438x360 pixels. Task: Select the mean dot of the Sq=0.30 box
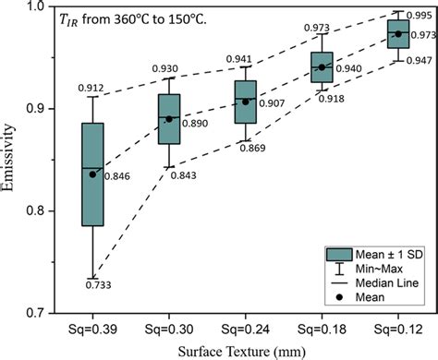click(168, 119)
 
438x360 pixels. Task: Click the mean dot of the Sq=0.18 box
click(322, 67)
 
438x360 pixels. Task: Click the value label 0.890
click(192, 122)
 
